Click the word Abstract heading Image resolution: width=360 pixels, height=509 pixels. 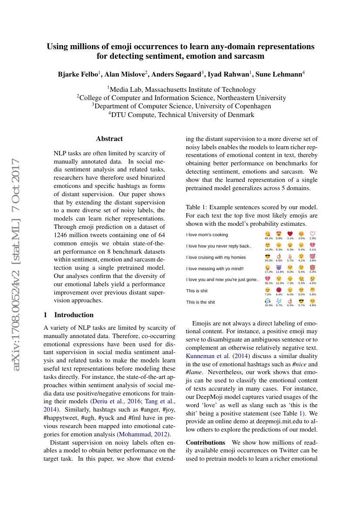pos(109,139)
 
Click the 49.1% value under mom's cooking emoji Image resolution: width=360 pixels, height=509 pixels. pos(269,238)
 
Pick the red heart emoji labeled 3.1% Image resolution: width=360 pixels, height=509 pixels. pos(290,234)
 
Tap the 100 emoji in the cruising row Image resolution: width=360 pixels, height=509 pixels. pos(313,257)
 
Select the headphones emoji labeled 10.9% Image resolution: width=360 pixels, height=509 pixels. pos(268,301)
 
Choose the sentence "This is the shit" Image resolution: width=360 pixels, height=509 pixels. pos(201,302)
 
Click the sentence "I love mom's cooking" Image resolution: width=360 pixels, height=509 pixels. pos(207,235)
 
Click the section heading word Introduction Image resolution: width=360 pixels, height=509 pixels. pos(74,315)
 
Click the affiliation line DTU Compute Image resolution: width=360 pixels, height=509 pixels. pos(182,115)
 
